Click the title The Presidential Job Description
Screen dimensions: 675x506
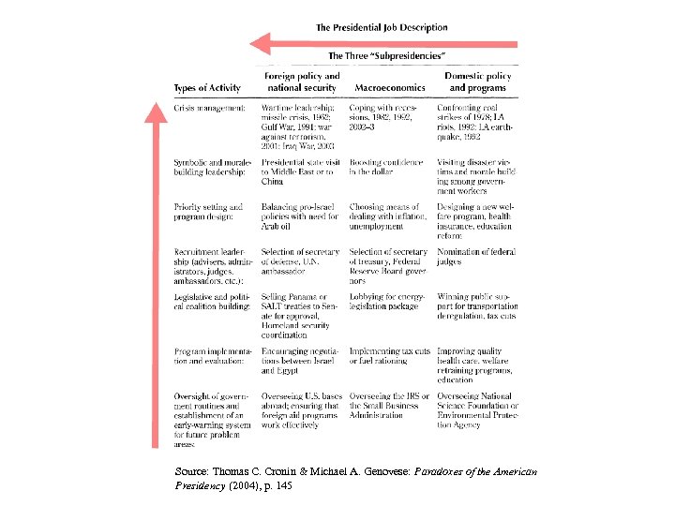382,28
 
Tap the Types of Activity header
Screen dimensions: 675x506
207,88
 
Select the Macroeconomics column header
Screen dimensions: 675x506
390,88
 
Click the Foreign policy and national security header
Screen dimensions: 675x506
301,82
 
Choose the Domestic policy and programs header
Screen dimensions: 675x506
477,82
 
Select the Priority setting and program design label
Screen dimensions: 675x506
208,212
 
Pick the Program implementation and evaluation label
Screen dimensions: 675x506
209,356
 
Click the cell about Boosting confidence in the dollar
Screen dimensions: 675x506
386,167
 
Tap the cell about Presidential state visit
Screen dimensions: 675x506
298,172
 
